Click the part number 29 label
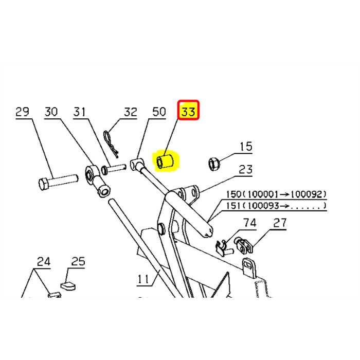click(22, 112)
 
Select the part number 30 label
click(51, 112)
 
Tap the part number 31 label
click(80, 112)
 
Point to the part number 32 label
click(130, 112)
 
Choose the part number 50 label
click(158, 112)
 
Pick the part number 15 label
click(245, 147)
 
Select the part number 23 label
click(246, 169)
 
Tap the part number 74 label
click(249, 223)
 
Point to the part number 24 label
click(43, 262)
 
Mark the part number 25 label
click(78, 262)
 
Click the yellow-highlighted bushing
click(166, 162)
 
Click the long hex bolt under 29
click(58, 181)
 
